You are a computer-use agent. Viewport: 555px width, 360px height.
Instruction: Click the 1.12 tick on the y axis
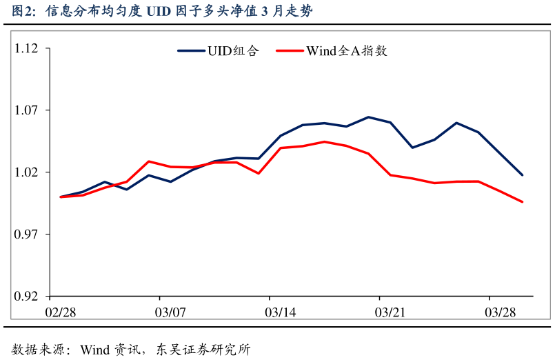point(27,48)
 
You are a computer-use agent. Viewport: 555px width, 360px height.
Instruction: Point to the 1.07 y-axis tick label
point(27,110)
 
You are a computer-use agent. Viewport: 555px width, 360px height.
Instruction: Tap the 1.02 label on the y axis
point(27,172)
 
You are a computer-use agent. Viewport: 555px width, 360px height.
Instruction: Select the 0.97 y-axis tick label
point(27,234)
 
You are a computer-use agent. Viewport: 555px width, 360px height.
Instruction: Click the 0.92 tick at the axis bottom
point(27,297)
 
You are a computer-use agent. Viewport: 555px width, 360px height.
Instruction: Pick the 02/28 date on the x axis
point(61,312)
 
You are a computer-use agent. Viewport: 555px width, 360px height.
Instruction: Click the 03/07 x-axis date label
point(170,312)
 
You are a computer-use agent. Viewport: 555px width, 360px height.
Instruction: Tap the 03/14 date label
point(281,312)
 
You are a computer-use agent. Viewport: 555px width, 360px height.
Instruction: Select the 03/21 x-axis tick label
point(390,312)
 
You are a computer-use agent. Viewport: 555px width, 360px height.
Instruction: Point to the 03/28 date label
point(500,312)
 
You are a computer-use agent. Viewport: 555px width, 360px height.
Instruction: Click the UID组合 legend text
point(233,50)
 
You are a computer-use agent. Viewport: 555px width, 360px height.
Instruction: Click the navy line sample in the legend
point(191,50)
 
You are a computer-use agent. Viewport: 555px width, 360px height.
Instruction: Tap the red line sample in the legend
point(290,50)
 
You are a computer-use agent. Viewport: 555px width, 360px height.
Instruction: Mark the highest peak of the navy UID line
point(368,117)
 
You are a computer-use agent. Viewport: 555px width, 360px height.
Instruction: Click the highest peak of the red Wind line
point(325,141)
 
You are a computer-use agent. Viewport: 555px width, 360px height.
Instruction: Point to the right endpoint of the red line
point(522,202)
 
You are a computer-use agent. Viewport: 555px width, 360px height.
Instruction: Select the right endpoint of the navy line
point(522,175)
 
